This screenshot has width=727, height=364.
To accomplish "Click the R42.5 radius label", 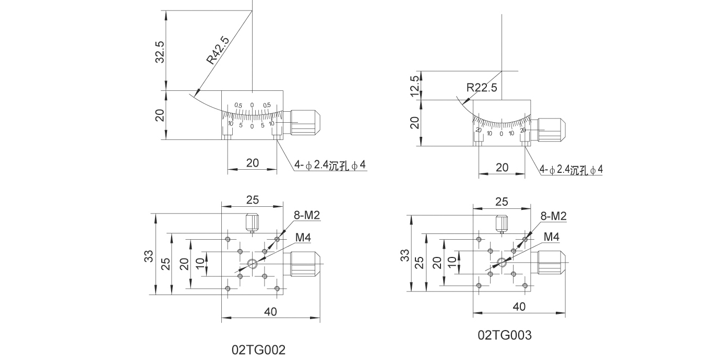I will coord(218,50).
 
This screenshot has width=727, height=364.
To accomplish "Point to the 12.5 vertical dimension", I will coord(415,85).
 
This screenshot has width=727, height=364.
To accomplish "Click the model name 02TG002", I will coord(259,349).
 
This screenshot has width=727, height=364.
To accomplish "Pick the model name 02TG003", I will coord(505,335).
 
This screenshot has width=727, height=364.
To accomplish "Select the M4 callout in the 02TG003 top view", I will coord(552,237).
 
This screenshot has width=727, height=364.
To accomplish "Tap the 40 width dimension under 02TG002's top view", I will coord(270,312).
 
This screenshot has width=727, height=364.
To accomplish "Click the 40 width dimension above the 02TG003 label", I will coord(519,307).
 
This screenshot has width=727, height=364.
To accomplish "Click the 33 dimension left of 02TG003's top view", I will coord(404,255).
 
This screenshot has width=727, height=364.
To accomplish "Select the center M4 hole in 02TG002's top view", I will coord(253,264).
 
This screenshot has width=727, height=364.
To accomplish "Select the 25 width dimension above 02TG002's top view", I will coord(253,199).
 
